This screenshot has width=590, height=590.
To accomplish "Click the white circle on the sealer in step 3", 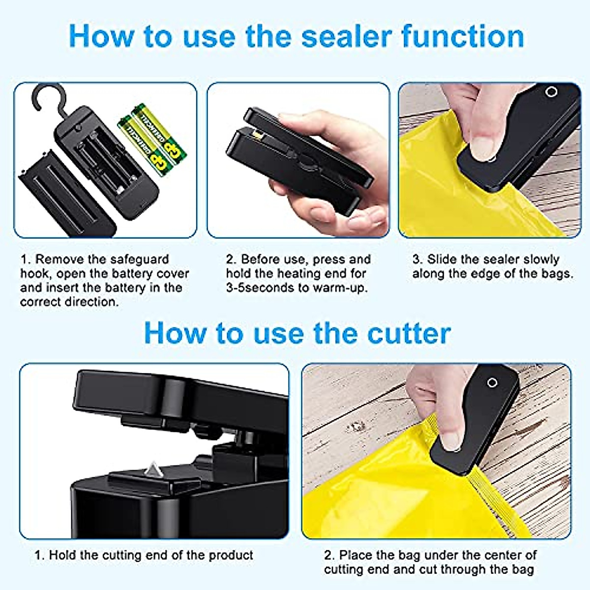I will pos(551,92).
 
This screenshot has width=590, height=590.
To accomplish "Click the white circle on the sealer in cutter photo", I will pos(492,383).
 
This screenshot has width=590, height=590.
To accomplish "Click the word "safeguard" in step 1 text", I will pos(139,259).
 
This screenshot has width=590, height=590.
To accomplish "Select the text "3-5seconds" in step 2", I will pos(260,288).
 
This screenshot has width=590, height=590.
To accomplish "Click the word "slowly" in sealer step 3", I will pos(541,259).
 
